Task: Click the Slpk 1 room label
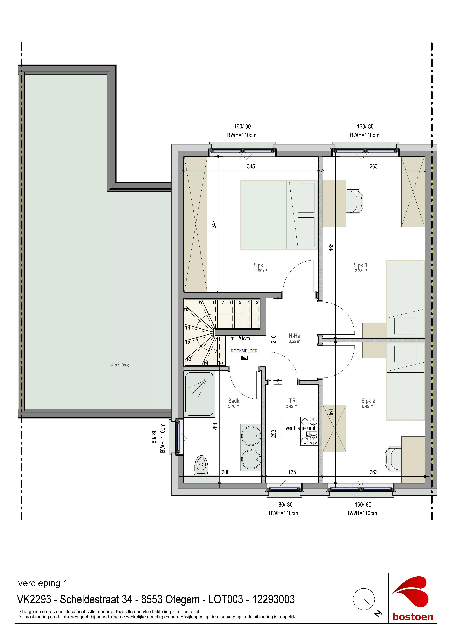(x=260, y=265)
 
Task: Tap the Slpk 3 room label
(x=360, y=265)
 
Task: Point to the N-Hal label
(x=295, y=336)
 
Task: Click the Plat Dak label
(x=120, y=365)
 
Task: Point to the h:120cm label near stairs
(x=240, y=338)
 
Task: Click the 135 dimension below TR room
(x=292, y=472)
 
